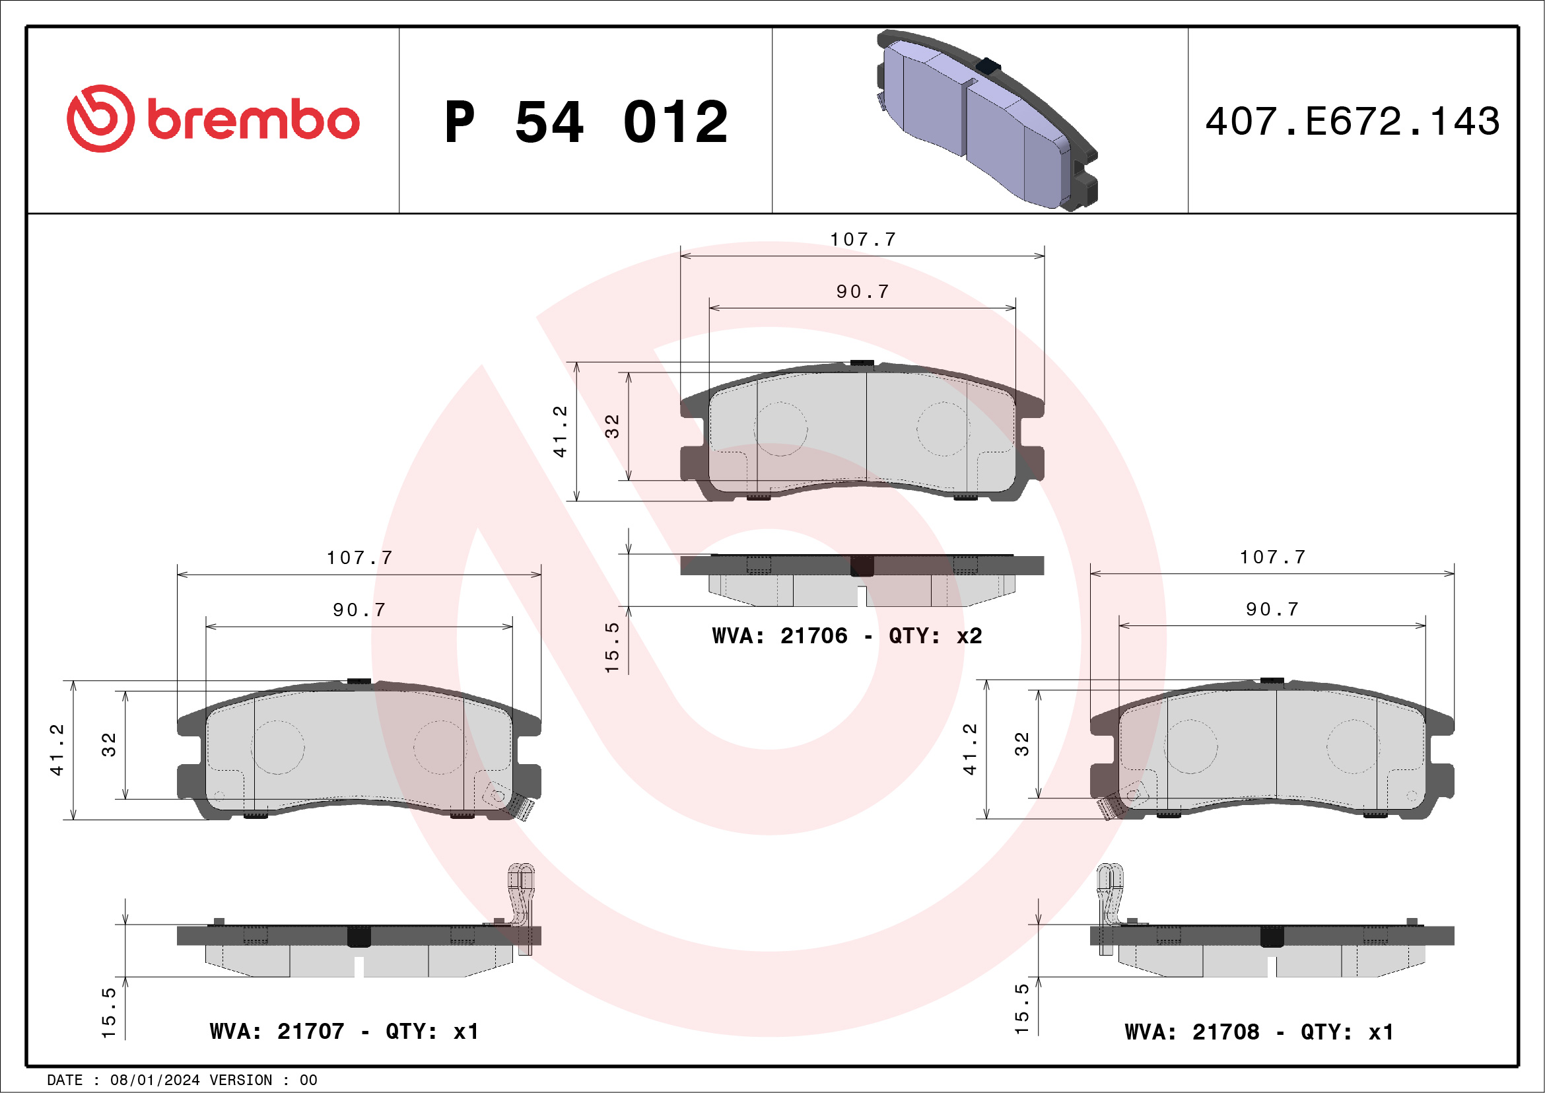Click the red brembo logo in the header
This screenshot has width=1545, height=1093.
213,119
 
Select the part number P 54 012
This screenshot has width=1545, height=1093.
586,122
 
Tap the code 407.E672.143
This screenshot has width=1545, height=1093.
1353,122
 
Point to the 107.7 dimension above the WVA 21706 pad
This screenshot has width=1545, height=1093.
863,240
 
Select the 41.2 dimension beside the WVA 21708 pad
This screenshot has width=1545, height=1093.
970,750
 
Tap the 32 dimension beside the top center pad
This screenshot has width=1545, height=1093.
611,427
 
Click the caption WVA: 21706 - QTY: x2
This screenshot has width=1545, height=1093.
847,636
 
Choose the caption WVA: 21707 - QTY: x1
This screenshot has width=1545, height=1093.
344,1032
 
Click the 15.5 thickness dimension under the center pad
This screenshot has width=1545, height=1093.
611,647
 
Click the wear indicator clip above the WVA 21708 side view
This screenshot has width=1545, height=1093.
1109,905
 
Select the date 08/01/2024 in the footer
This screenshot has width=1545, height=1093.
154,1080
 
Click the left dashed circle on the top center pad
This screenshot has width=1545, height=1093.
780,429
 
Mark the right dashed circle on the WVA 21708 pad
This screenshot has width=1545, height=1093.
1353,746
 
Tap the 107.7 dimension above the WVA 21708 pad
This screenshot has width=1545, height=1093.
1272,557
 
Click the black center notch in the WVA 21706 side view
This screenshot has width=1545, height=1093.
862,565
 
